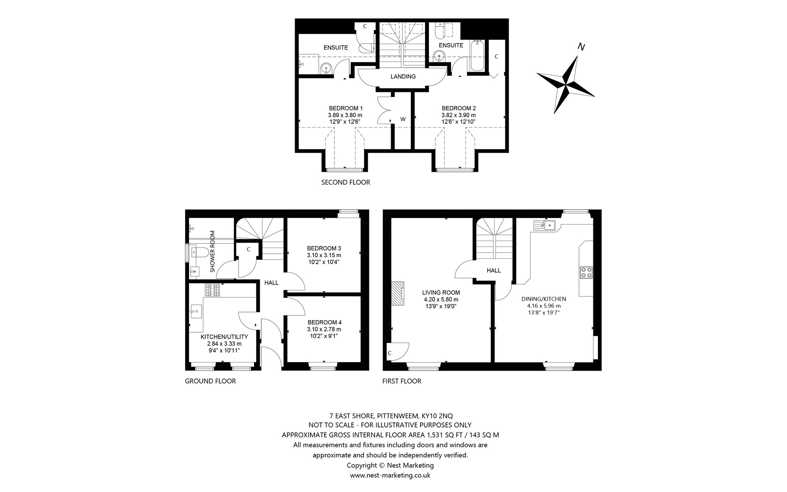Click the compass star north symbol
[565, 84]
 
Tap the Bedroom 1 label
[345, 108]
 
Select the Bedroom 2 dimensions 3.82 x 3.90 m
[458, 115]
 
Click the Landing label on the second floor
[403, 76]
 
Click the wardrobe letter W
[403, 119]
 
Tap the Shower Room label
[212, 251]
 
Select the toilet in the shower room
[199, 252]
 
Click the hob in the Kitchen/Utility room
[213, 290]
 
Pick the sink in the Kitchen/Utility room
[196, 311]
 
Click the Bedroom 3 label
[324, 248]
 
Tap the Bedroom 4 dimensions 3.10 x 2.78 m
[324, 329]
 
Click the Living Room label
[441, 293]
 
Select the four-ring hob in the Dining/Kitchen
[586, 272]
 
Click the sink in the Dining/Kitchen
[544, 224]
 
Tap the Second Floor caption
[345, 182]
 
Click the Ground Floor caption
[210, 381]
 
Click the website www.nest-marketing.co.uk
[390, 475]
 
